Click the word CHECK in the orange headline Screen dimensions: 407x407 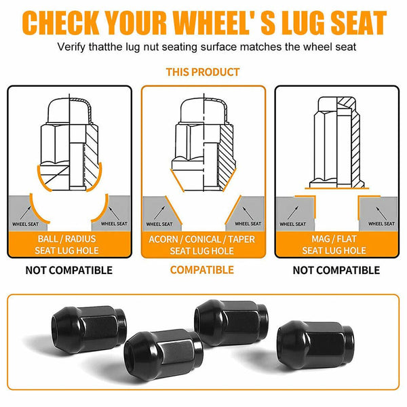click(x=61, y=22)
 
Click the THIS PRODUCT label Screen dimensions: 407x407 click(x=203, y=72)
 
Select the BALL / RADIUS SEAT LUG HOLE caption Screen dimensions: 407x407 click(x=66, y=244)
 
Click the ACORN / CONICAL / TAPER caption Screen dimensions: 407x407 click(x=202, y=239)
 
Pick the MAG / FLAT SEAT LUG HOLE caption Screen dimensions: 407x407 click(x=334, y=244)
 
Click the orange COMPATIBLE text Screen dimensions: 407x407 click(x=202, y=270)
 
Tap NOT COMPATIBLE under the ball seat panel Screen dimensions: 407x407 click(x=69, y=270)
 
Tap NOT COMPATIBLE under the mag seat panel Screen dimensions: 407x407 click(x=336, y=270)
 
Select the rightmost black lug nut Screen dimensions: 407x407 click(x=315, y=344)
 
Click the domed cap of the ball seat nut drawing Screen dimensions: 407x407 click(x=69, y=111)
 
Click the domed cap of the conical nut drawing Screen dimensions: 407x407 click(x=203, y=111)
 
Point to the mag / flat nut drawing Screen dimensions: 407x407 click(x=337, y=142)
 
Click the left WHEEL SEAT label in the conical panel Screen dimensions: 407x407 click(x=159, y=224)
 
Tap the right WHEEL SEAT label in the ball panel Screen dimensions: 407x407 click(x=114, y=223)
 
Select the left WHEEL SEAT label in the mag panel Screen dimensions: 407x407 click(x=293, y=224)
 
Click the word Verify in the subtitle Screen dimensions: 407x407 click(x=71, y=47)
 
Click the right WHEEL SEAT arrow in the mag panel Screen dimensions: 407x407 click(x=381, y=213)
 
